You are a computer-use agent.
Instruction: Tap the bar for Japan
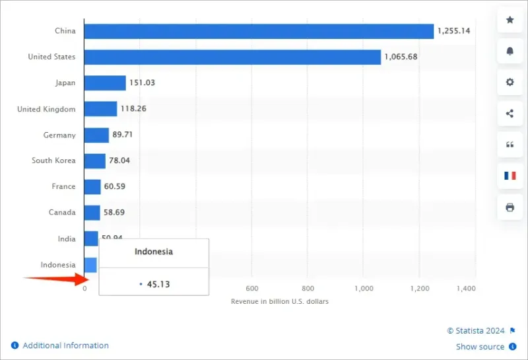click(x=105, y=83)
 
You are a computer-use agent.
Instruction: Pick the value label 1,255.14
click(x=455, y=31)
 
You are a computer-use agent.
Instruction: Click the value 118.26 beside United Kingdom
click(x=133, y=109)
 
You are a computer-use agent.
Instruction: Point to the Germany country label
click(x=59, y=135)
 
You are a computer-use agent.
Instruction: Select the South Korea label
click(x=53, y=161)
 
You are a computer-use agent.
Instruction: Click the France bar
click(x=92, y=187)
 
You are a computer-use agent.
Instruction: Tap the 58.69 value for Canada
click(x=114, y=213)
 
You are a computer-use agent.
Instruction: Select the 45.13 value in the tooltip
click(x=158, y=285)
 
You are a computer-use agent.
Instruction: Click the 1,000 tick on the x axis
click(x=364, y=289)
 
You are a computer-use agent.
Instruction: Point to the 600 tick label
click(x=251, y=289)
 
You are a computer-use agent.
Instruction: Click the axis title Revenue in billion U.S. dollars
click(x=280, y=302)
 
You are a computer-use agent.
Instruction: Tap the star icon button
click(x=510, y=20)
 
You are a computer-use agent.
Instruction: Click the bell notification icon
click(x=510, y=51)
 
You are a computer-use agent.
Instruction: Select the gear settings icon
click(x=510, y=82)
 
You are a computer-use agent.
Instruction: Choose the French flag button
click(x=510, y=176)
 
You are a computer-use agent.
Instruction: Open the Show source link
click(x=480, y=347)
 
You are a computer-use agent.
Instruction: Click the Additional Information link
click(x=65, y=345)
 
